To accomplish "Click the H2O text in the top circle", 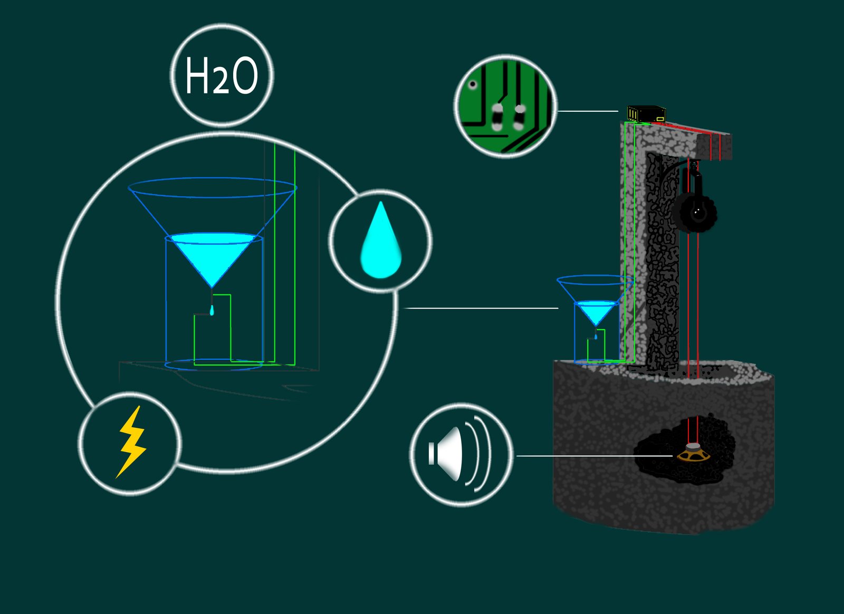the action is pyautogui.click(x=222, y=75).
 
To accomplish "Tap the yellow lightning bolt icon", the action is pyautogui.click(x=131, y=442).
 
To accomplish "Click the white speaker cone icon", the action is pyautogui.click(x=446, y=454).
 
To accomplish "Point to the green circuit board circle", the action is pyautogui.click(x=505, y=106).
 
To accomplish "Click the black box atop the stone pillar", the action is pyautogui.click(x=647, y=114).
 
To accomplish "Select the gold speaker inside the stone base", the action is pyautogui.click(x=693, y=453).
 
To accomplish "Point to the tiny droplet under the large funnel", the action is pyautogui.click(x=212, y=310).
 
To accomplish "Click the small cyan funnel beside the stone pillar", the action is pyautogui.click(x=596, y=312).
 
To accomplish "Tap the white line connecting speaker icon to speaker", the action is pyautogui.click(x=594, y=456).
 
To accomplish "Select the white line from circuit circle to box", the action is pyautogui.click(x=588, y=111).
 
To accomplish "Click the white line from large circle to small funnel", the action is pyautogui.click(x=481, y=308).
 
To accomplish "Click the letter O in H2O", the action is pyautogui.click(x=245, y=75).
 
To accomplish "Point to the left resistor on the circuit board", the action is pyautogui.click(x=497, y=118).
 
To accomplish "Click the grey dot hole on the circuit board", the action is pyautogui.click(x=473, y=84).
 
